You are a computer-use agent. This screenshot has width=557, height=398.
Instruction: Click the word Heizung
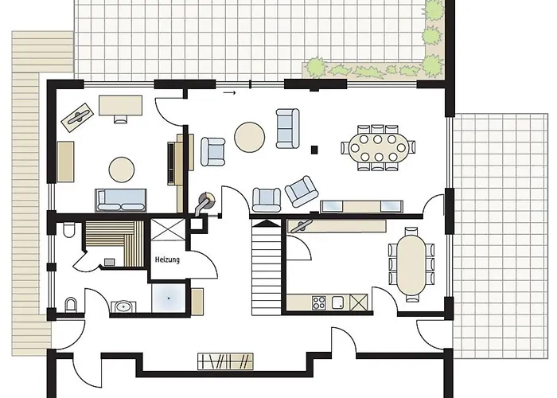(167, 259)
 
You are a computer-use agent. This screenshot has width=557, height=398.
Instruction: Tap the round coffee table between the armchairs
(249, 137)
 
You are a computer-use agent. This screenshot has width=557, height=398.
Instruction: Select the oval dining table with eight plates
(378, 148)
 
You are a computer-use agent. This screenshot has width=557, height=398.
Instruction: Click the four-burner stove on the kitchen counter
(318, 302)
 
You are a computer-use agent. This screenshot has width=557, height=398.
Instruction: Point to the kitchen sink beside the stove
(338, 302)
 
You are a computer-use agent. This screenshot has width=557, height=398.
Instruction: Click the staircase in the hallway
(267, 267)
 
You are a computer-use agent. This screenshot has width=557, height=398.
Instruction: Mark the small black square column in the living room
(314, 150)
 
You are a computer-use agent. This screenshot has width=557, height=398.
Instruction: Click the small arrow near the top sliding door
(229, 93)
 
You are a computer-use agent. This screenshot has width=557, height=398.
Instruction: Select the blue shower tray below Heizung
(169, 298)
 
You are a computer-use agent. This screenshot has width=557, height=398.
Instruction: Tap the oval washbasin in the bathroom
(123, 306)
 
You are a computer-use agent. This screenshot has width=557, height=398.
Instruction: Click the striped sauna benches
(115, 243)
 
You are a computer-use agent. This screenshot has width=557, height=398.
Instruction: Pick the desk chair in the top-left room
(121, 119)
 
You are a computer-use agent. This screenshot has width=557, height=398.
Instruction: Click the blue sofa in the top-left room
(121, 200)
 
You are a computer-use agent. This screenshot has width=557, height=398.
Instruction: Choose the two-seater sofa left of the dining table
(287, 128)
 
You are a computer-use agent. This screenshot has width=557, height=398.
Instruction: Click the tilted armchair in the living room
(302, 191)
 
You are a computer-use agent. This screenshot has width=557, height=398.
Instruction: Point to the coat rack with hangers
(225, 361)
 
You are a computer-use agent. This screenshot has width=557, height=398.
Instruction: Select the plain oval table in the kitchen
(411, 265)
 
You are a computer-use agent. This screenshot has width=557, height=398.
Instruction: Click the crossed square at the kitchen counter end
(358, 302)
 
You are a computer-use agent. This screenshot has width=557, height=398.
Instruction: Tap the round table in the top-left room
(122, 170)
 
